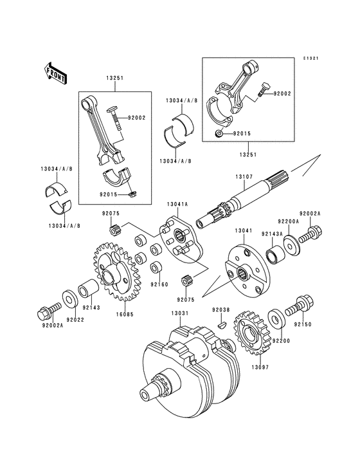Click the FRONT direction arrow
[x=55, y=73]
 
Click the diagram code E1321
[x=310, y=59]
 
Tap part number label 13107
[x=242, y=177]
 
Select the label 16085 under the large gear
[x=125, y=314]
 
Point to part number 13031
[x=180, y=313]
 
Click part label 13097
[x=260, y=367]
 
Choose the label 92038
[x=221, y=309]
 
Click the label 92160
[x=159, y=284]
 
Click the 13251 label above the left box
[x=114, y=78]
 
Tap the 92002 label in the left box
[x=137, y=118]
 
